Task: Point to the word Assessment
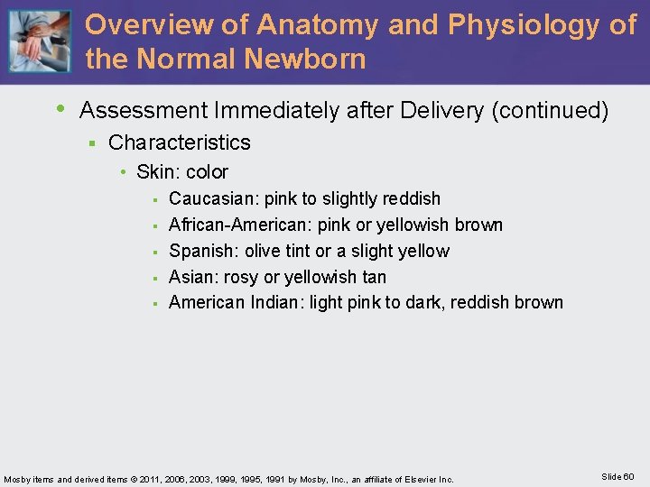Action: point(144,111)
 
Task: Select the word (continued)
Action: point(550,111)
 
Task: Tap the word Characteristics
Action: point(180,142)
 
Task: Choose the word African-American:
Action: point(241,225)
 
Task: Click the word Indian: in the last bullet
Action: point(276,303)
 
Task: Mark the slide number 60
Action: point(628,476)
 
